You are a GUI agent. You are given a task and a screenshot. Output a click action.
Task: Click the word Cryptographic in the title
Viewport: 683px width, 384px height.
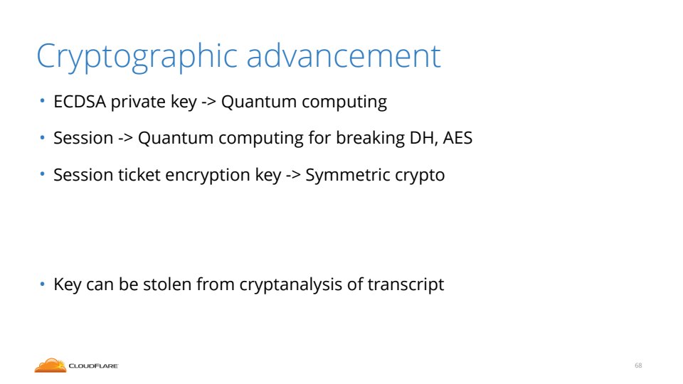coord(137,57)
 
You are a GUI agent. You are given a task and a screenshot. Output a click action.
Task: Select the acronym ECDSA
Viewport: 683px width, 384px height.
coord(80,102)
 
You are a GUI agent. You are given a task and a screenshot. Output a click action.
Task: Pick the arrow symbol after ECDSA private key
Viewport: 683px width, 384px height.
coord(208,102)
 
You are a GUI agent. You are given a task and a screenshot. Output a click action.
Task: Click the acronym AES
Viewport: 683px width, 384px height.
coord(457,138)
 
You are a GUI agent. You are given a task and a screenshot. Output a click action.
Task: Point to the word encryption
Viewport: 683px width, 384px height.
coord(208,176)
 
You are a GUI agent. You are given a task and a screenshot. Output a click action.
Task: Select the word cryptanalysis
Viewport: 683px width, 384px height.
coord(290,284)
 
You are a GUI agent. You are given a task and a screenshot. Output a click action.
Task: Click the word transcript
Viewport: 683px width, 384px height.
coord(406,284)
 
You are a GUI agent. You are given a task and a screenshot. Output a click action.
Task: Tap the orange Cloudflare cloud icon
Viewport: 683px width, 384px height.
coord(51,366)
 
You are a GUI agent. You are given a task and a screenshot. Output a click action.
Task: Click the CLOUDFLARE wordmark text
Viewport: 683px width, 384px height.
coord(94,366)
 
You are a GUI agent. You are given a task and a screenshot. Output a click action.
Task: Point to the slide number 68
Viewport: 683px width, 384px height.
coord(638,366)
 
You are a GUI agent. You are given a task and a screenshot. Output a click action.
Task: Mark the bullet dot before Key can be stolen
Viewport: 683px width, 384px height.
coord(42,284)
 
